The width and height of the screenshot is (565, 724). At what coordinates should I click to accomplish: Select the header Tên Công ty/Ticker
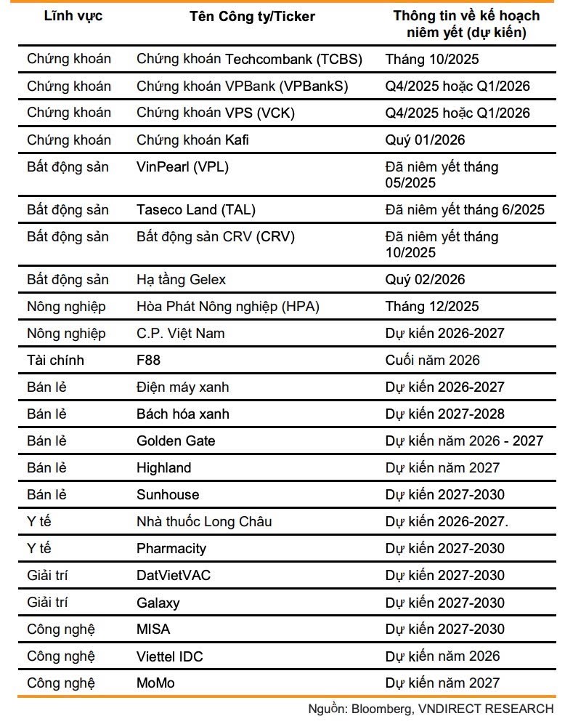click(x=252, y=16)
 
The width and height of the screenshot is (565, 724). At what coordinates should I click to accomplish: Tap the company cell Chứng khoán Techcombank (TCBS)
click(x=249, y=59)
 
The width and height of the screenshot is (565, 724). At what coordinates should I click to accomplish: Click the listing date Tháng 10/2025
click(x=432, y=59)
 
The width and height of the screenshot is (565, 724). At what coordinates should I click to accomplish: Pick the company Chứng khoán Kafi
click(x=192, y=140)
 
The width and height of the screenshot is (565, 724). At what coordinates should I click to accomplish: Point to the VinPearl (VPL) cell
click(x=182, y=166)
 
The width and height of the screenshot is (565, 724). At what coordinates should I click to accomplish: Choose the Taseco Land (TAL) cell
click(x=196, y=209)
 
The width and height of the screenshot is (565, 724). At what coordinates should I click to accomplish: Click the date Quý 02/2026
click(x=425, y=279)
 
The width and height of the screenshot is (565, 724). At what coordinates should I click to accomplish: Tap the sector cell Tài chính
click(x=55, y=360)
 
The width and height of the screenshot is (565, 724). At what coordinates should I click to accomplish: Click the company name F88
click(x=149, y=360)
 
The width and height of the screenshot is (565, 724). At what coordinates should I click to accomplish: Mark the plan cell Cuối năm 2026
click(x=432, y=360)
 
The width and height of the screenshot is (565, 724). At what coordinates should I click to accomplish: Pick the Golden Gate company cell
click(x=176, y=441)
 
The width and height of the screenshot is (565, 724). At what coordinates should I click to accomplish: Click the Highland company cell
click(x=164, y=467)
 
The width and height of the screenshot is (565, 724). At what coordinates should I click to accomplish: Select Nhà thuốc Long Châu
click(x=204, y=521)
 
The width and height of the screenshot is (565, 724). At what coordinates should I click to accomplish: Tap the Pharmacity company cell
click(x=171, y=548)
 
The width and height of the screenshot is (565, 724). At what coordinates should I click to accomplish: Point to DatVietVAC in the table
click(x=174, y=575)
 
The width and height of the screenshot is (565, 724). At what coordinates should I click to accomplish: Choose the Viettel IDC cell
click(x=170, y=656)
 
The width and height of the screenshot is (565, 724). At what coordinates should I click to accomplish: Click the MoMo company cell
click(x=155, y=683)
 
